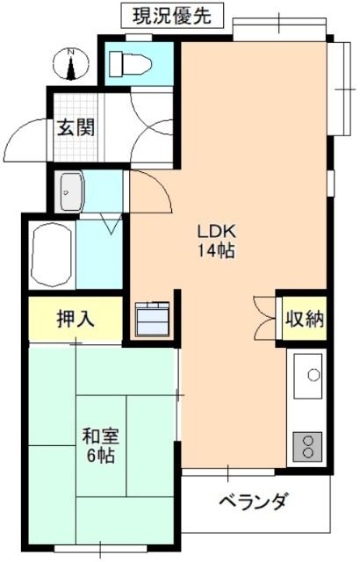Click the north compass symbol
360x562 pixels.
pyautogui.click(x=71, y=63)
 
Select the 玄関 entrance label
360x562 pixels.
pyautogui.click(x=77, y=127)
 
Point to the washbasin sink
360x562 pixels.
pyautogui.click(x=69, y=191)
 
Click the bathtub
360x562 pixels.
pyautogui.click(x=51, y=256)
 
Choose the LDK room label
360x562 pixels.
pyautogui.click(x=216, y=233)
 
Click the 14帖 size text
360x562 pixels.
pyautogui.click(x=216, y=251)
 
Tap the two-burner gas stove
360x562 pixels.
pyautogui.click(x=308, y=444)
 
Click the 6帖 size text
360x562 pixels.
pyautogui.click(x=98, y=457)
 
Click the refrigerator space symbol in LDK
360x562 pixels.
pyautogui.click(x=155, y=320)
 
